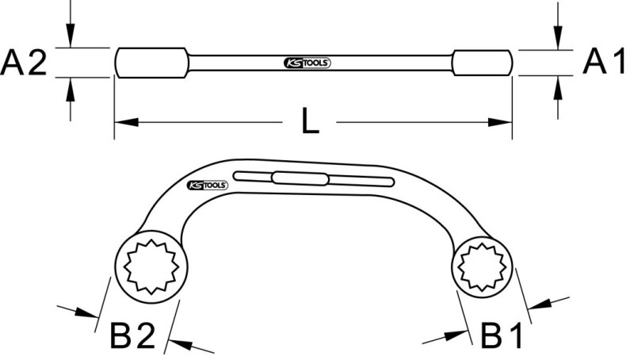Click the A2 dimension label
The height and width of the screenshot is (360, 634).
[x=24, y=63]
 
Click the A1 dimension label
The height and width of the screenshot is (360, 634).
[x=604, y=61]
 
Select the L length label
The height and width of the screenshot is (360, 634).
[x=310, y=121]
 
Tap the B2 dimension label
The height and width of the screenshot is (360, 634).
[x=132, y=334]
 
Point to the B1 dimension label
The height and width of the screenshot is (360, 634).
[x=502, y=334]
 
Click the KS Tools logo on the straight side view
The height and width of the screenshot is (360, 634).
[x=307, y=63]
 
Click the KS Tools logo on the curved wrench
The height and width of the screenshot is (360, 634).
[x=208, y=186]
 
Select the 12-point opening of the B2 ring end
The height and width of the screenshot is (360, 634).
[x=151, y=266]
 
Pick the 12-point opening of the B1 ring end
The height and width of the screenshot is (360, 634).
[x=482, y=267]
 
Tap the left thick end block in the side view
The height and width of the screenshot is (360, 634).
[x=151, y=63]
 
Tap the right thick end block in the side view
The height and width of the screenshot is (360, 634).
[x=483, y=63]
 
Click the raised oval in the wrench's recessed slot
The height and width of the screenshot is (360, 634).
[x=300, y=178]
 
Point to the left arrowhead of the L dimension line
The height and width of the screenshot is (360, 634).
[x=127, y=122]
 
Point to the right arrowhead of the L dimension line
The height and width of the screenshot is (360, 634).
[x=500, y=122]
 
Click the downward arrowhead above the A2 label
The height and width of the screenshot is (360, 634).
[x=71, y=36]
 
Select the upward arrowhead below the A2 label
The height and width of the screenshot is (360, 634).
[x=71, y=89]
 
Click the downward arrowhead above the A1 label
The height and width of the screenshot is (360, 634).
[x=558, y=38]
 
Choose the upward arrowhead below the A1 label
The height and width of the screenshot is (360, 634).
[x=558, y=87]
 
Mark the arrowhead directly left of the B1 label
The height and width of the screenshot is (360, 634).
[x=456, y=335]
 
